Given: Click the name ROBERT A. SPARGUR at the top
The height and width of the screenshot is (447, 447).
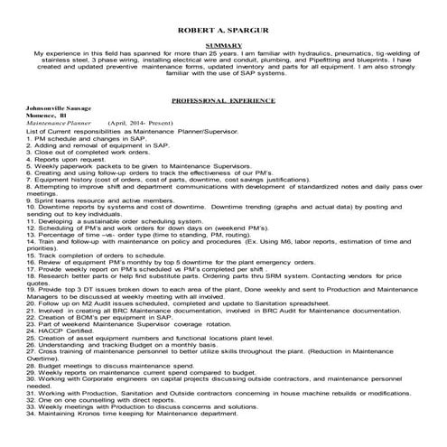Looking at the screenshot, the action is pyautogui.click(x=223, y=17).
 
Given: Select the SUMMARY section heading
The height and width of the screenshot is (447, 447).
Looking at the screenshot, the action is pyautogui.click(x=223, y=44).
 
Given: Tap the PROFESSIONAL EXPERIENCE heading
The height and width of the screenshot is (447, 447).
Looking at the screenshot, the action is pyautogui.click(x=223, y=103).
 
